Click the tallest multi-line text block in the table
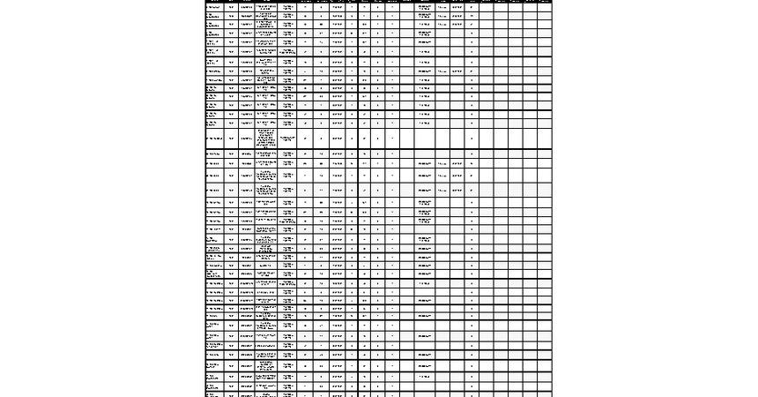(266, 138)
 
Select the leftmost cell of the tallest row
(214, 138)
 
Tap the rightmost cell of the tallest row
(545, 138)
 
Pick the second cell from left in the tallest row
(231, 138)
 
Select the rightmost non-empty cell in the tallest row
(472, 138)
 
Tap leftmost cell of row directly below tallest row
(214, 154)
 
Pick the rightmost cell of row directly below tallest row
(545, 154)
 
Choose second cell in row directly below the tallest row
(231, 154)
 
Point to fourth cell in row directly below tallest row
(266, 154)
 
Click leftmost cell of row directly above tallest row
(214, 124)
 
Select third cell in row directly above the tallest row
(246, 124)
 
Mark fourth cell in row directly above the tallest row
(266, 124)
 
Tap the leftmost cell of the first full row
(214, 6)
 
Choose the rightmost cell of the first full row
(545, 6)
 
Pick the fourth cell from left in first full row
(266, 6)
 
